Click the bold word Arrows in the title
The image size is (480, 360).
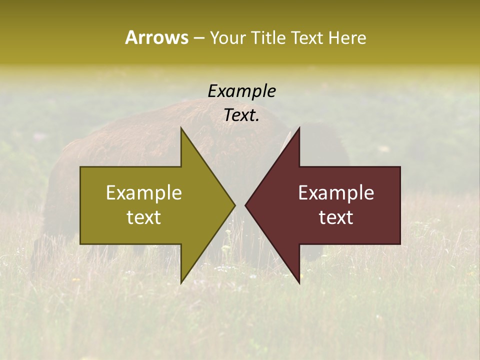coord(156,37)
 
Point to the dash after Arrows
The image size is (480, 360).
coord(198,38)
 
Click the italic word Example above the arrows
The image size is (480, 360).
coord(241,91)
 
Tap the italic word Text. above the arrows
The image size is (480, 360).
coord(241,115)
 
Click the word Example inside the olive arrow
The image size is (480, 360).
coord(144,193)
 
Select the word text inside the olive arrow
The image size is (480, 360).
coord(144,217)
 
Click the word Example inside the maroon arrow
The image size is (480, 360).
coord(336,193)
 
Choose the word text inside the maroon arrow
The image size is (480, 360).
coord(336,217)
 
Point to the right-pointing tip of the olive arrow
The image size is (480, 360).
coord(234,205)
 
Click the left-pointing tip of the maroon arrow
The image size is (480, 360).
coord(245,205)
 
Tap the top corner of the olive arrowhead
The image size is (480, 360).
coord(181,128)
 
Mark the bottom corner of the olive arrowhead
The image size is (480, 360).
coord(181,283)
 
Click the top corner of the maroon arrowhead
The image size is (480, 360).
coord(299,128)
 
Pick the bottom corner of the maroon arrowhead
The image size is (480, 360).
coord(299,283)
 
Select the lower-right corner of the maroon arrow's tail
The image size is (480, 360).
coord(400,244)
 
